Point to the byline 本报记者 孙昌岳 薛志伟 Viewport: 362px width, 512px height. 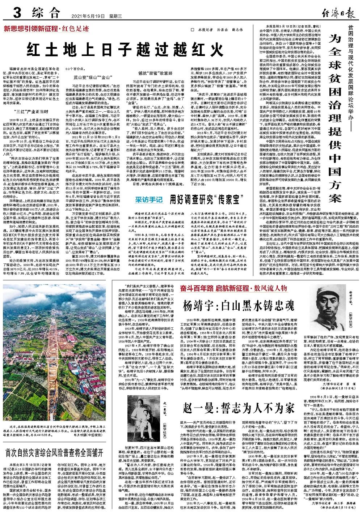pyautogui.click(x=216, y=30)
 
